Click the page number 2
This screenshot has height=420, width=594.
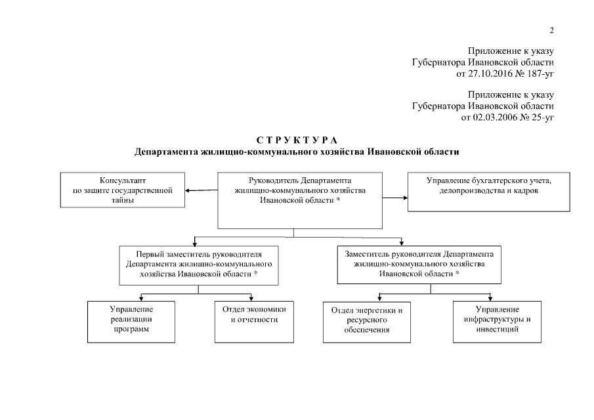click(552, 30)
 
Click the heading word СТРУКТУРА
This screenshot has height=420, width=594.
click(297, 140)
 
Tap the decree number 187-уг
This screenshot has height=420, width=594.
click(540, 74)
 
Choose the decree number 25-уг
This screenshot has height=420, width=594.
click(542, 117)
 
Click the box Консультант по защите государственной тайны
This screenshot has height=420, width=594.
click(123, 190)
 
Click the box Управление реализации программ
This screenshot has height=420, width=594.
click(131, 322)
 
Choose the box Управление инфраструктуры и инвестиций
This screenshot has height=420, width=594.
click(498, 322)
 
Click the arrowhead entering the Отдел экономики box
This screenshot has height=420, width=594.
click(250, 297)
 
